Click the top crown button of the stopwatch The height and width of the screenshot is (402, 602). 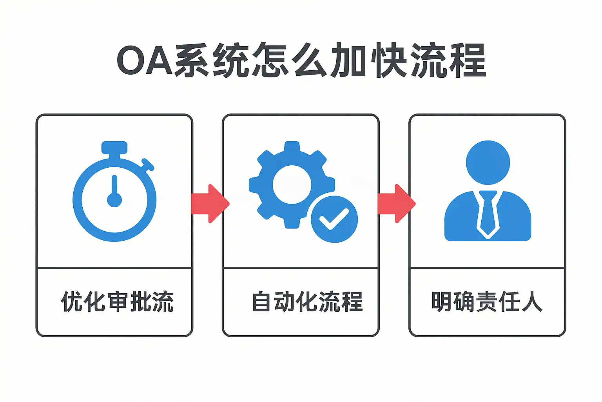coord(114,148)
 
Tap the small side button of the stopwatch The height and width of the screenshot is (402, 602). coord(148,165)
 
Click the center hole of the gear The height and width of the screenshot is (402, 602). coord(292,185)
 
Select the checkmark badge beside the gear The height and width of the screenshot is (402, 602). coord(334,219)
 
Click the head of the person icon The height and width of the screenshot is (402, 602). coord(488,163)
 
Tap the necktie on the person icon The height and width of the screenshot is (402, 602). coord(488,214)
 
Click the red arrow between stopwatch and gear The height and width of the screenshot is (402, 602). coord(210,204)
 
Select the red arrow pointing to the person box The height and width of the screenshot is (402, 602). coord(396,204)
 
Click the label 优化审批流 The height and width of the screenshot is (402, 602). coord(117,302)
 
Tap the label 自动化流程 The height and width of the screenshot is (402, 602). coord(307,302)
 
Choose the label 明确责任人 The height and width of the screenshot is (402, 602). coord(487,302)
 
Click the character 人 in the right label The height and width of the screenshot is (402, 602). coord(532,302)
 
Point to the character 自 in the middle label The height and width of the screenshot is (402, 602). coord(261,302)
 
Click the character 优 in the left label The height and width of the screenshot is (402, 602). coord(72,302)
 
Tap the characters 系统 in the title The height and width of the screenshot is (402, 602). coord(212,61)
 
